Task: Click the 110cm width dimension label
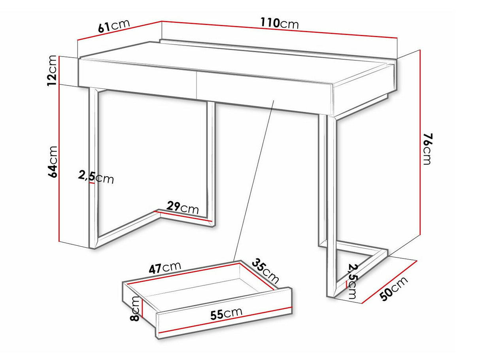tap(279, 23)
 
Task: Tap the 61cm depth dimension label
tap(114, 26)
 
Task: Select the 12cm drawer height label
tap(52, 71)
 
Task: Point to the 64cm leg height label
tap(52, 162)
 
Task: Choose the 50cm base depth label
tap(394, 289)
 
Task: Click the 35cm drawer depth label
tap(265, 271)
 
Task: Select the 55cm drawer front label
tap(226, 314)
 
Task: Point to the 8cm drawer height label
tap(135, 308)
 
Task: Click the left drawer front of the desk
tap(137, 79)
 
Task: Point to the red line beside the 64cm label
tap(59, 163)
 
